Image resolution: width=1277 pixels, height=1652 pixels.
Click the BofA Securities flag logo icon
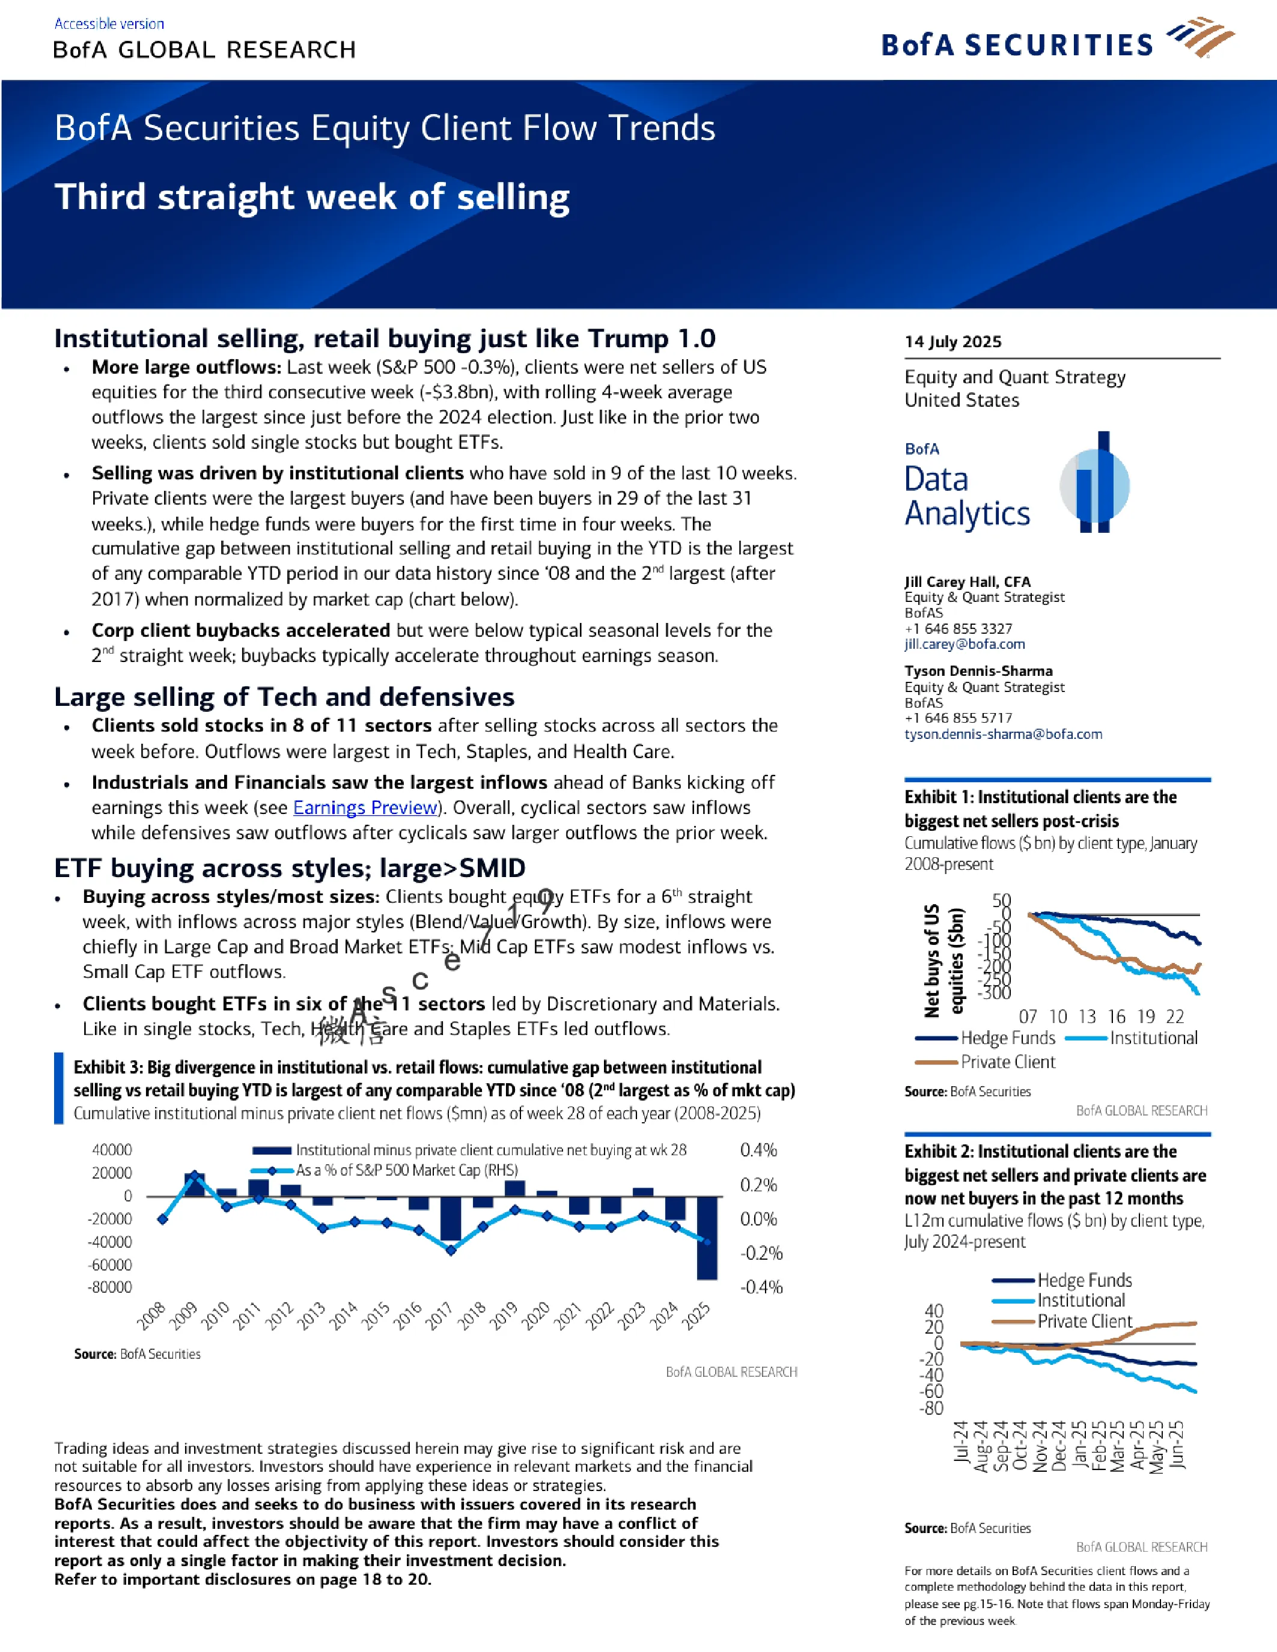[1200, 37]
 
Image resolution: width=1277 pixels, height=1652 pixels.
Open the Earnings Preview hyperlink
[366, 808]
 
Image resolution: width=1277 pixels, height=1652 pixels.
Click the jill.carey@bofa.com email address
[965, 645]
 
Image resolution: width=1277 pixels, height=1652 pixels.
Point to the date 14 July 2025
[952, 341]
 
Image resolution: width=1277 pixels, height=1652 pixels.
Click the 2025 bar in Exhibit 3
[707, 1237]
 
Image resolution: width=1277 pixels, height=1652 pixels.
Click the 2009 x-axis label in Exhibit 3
[183, 1316]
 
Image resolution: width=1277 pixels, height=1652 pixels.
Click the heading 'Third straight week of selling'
[312, 196]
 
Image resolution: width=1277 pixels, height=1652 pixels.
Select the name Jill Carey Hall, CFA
[968, 582]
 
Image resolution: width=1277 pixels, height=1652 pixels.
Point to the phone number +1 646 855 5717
[959, 718]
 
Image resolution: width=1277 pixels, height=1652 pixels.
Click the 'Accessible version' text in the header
[109, 23]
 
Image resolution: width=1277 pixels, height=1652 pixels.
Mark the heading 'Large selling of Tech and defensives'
[284, 697]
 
